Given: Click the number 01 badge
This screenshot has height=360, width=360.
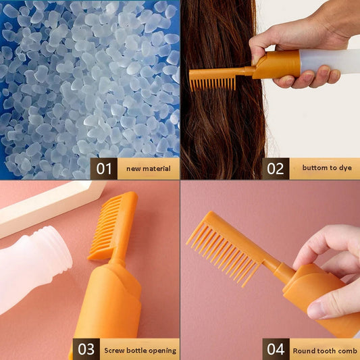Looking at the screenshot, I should click(103, 168).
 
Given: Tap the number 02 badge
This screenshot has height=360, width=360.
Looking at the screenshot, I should click(276, 168).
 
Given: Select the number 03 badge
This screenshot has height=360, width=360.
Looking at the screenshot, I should click(86, 349).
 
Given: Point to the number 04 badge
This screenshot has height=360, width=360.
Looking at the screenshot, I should click(276, 349).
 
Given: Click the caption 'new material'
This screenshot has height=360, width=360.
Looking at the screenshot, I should click(148, 168).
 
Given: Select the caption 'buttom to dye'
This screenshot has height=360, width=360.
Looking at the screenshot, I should click(324, 168).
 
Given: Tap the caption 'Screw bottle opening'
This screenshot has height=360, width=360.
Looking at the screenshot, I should click(140, 350).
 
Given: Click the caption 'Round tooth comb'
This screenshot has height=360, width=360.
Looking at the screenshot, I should click(325, 350).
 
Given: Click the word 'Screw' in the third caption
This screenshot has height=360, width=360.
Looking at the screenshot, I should click(114, 350).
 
